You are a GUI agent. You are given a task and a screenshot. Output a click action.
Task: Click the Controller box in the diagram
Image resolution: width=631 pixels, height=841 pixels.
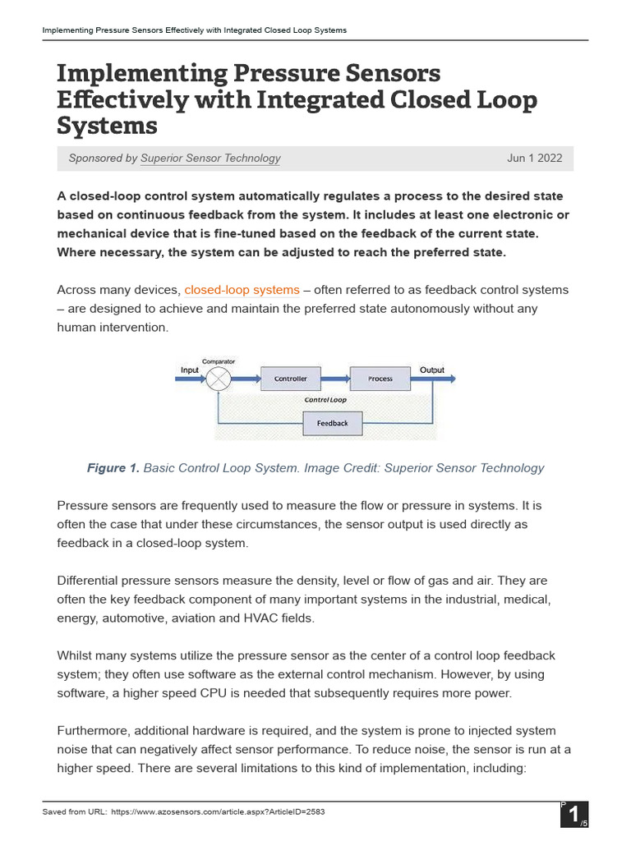click(x=290, y=379)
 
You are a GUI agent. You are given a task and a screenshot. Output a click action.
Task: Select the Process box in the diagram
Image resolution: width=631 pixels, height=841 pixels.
click(x=380, y=379)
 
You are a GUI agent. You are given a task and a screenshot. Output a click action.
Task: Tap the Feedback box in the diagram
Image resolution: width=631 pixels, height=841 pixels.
click(x=332, y=424)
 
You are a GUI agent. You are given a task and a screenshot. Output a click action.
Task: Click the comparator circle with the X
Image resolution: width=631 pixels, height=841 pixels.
click(x=219, y=379)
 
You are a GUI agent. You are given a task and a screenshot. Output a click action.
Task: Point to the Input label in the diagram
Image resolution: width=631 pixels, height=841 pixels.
click(x=190, y=370)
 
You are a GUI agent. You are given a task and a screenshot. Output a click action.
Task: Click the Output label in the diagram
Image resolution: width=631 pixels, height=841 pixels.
click(x=432, y=370)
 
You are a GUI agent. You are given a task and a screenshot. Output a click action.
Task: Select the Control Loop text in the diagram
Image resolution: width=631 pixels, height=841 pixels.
click(x=325, y=400)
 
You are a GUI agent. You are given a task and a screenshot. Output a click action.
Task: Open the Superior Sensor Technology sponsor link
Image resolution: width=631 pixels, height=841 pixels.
click(x=210, y=159)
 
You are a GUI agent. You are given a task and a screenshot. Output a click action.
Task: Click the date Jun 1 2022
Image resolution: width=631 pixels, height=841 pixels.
click(x=535, y=159)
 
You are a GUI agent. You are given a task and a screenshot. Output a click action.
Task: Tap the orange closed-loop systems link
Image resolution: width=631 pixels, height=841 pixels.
click(x=242, y=290)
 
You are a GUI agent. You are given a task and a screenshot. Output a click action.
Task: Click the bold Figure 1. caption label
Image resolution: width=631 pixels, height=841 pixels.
click(x=113, y=468)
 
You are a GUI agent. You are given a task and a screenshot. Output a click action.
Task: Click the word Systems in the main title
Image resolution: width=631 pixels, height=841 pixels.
click(x=107, y=126)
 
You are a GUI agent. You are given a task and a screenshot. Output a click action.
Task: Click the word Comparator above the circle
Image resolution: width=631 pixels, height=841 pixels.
click(x=219, y=361)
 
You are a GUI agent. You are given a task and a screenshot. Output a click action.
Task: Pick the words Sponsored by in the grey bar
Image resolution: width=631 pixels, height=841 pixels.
click(x=103, y=159)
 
